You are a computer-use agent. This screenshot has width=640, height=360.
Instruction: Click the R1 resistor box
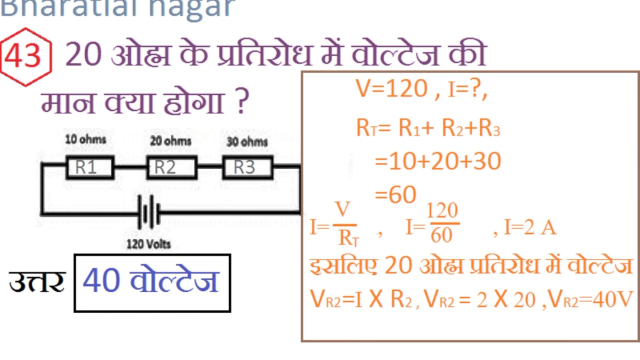click(90, 167)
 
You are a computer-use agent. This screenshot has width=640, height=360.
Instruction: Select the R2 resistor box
click(171, 167)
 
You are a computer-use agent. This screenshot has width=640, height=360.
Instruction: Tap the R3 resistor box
click(247, 167)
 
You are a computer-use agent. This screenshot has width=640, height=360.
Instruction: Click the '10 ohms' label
click(85, 139)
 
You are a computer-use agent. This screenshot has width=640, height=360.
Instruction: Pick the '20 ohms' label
click(170, 141)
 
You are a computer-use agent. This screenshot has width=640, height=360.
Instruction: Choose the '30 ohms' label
click(247, 141)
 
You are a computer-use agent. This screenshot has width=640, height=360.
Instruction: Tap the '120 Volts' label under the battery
click(148, 244)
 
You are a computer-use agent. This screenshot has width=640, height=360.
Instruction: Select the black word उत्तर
click(37, 282)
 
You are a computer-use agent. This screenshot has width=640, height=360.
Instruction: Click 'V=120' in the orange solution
click(391, 89)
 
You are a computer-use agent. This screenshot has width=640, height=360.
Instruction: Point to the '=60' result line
click(395, 195)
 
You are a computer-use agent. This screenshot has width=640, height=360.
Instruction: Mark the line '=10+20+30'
click(437, 161)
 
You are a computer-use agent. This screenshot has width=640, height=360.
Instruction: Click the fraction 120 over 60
click(442, 223)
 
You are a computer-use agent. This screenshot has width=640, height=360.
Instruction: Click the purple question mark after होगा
click(241, 102)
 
